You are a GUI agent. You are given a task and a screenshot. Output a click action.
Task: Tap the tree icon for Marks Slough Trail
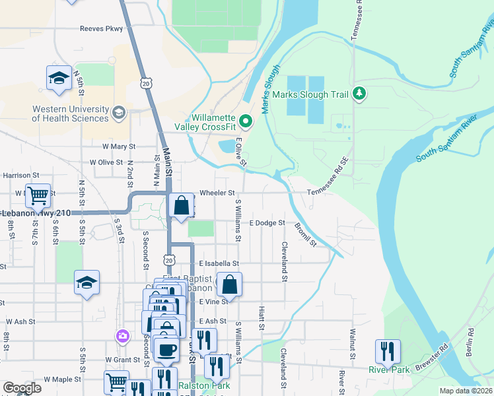click(x=359, y=94)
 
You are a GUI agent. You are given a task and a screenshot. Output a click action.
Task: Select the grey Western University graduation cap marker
click(x=119, y=112)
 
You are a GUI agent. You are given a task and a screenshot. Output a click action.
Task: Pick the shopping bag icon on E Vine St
click(x=229, y=285)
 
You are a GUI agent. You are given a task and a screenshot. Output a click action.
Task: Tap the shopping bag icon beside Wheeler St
click(x=182, y=205)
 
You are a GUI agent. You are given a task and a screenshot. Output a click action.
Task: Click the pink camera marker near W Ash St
click(x=122, y=337)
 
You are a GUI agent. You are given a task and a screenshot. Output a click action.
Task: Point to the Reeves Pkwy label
click(x=101, y=28)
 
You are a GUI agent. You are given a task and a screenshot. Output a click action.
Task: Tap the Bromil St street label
click(x=305, y=233)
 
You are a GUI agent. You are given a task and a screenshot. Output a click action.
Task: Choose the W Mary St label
click(x=118, y=147)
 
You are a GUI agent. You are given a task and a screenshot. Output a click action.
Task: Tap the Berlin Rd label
click(x=470, y=342)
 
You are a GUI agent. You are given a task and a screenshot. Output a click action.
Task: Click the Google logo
click(x=22, y=388)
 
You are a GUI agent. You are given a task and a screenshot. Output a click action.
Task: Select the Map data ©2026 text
click(x=466, y=391)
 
